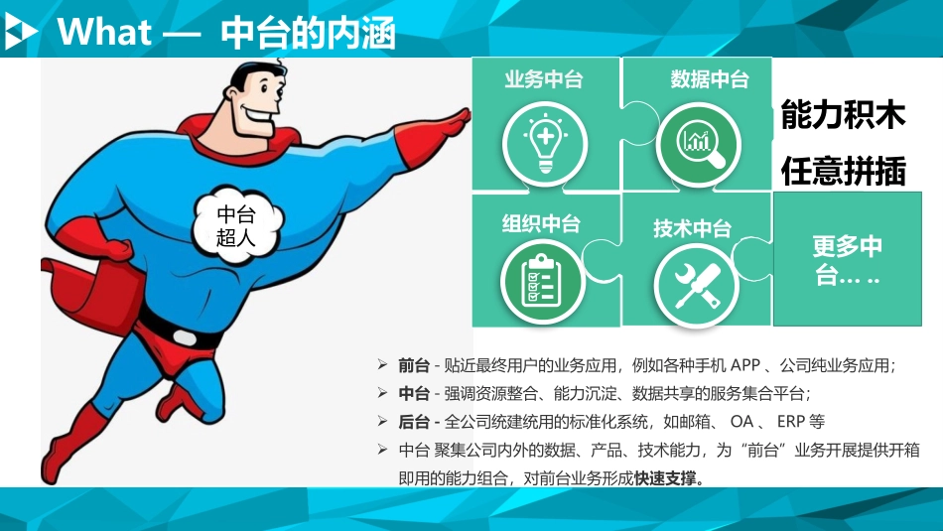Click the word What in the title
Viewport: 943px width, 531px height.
[104, 33]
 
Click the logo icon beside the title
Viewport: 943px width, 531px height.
[22, 32]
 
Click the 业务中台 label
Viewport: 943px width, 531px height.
[544, 80]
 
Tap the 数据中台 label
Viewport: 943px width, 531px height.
[709, 79]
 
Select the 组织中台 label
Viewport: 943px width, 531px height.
[541, 223]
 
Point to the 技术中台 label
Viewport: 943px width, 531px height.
[692, 229]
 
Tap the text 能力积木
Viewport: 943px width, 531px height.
[843, 116]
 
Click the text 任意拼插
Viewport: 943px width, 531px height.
[843, 171]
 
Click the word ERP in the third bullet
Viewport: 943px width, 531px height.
[791, 421]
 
